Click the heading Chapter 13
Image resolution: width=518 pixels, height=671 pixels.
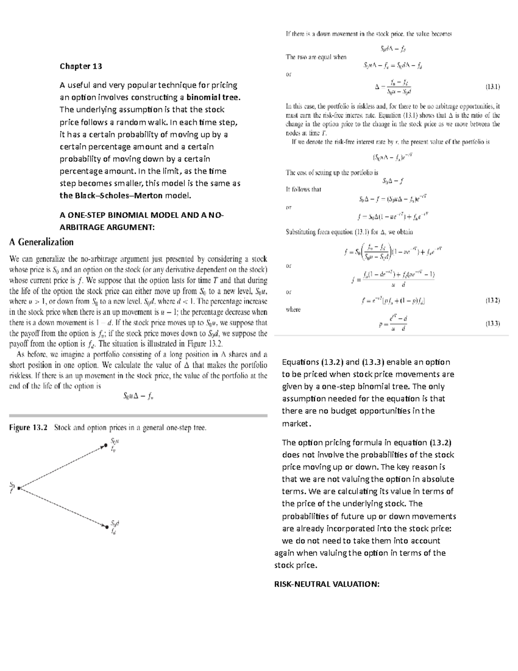pyautogui.click(x=81, y=66)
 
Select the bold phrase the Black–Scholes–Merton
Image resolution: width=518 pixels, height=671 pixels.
pyautogui.click(x=111, y=195)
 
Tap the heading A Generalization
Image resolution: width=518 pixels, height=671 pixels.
pyautogui.click(x=41, y=242)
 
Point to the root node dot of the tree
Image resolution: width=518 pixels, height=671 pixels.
pyautogui.click(x=19, y=488)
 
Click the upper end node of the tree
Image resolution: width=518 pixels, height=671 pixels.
pyautogui.click(x=104, y=445)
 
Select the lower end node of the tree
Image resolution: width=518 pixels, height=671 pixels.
pyautogui.click(x=106, y=527)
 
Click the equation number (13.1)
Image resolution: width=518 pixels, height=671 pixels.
pyautogui.click(x=493, y=87)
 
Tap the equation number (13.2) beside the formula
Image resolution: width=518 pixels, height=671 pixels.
pyautogui.click(x=493, y=300)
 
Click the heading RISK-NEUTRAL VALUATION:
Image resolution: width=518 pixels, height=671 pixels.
pyautogui.click(x=327, y=584)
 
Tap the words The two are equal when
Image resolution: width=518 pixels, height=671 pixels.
pyautogui.click(x=316, y=57)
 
